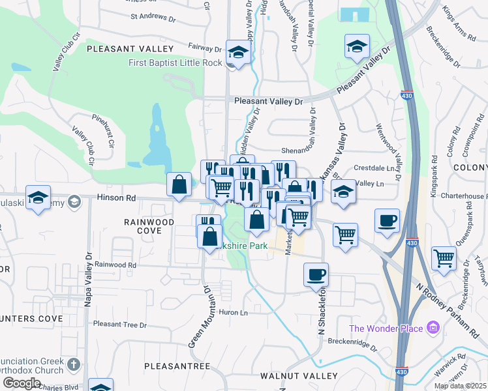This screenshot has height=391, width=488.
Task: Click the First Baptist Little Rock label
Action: coord(175,63)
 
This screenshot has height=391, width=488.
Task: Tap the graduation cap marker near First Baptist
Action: coord(239,52)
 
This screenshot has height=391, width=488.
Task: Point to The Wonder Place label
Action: coord(386,328)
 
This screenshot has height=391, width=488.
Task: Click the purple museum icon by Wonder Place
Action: coord(433,327)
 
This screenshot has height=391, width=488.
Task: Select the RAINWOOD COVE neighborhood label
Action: coord(149,226)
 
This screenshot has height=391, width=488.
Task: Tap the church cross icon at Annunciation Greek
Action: coord(75,363)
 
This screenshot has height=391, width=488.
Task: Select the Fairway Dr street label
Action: coord(206,48)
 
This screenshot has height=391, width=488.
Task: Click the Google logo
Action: coord(22,383)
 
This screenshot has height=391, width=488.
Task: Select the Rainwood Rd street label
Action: coord(115,265)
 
